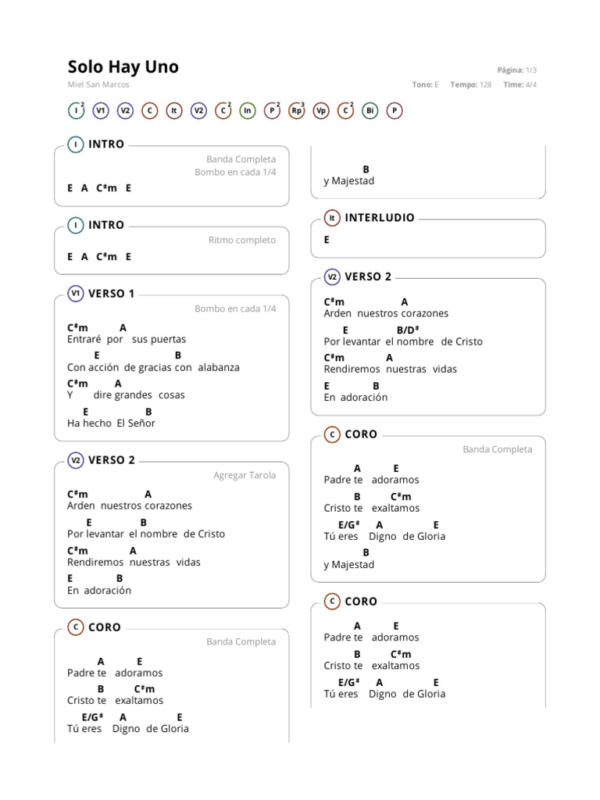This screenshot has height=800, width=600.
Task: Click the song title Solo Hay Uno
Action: point(123,67)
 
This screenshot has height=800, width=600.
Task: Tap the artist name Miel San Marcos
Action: point(98,85)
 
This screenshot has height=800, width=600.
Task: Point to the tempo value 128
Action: point(485,85)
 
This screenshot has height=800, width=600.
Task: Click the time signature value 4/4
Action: point(531,85)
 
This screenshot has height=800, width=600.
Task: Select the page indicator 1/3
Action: point(531,70)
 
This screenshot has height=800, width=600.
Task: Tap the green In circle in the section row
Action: point(248,111)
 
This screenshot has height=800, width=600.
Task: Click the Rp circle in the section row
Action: point(296,111)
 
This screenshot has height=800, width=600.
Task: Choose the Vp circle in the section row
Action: point(321,111)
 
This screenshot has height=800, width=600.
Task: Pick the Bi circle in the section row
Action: point(370,111)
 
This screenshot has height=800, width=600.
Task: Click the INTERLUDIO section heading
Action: point(380,218)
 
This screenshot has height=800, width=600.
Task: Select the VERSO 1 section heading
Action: point(112,294)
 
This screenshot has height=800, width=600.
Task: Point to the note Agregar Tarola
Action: point(245,475)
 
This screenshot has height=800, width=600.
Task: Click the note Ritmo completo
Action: point(241,241)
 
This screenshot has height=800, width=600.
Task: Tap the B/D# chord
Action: point(408,330)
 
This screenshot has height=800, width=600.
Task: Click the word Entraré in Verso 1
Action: point(84,340)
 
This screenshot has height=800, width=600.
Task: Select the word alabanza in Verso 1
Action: point(219,367)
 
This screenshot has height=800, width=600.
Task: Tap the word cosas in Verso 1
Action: point(172,395)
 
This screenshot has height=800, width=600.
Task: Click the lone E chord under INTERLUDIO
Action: point(327,241)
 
